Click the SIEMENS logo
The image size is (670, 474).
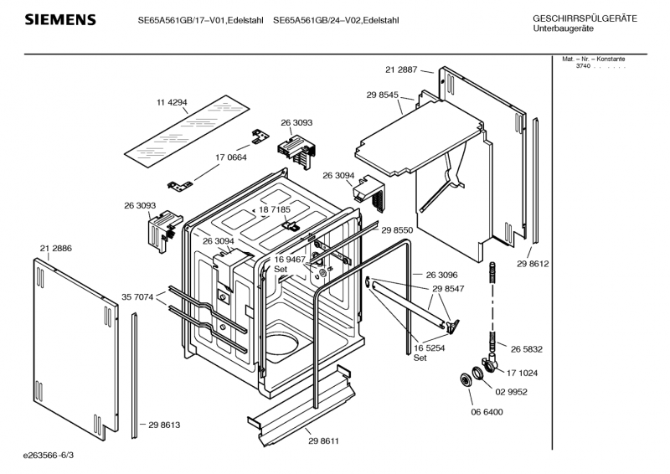pyautogui.click(x=60, y=19)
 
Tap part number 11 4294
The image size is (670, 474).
pyautogui.click(x=172, y=102)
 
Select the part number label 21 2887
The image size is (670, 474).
pyautogui.click(x=401, y=70)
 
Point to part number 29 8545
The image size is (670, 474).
pyautogui.click(x=383, y=95)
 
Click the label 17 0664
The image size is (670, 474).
pyautogui.click(x=231, y=157)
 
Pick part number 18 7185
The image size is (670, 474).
pyautogui.click(x=275, y=209)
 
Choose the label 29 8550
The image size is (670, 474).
pyautogui.click(x=397, y=230)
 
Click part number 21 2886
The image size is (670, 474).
pyautogui.click(x=56, y=249)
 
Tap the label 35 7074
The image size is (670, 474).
pyautogui.click(x=137, y=297)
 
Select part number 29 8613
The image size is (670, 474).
pyautogui.click(x=164, y=425)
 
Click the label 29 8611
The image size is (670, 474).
pyautogui.click(x=323, y=441)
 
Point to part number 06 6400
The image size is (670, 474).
pyautogui.click(x=487, y=412)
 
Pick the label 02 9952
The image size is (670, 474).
pyautogui.click(x=511, y=392)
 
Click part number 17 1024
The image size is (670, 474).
pyautogui.click(x=522, y=374)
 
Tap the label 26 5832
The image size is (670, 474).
pyautogui.click(x=527, y=349)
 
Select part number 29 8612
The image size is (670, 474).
pyautogui.click(x=533, y=264)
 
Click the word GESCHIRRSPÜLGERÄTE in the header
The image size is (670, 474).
pyautogui.click(x=585, y=18)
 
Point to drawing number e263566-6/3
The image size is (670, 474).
pyautogui.click(x=49, y=456)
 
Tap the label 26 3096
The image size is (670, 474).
pyautogui.click(x=442, y=275)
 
